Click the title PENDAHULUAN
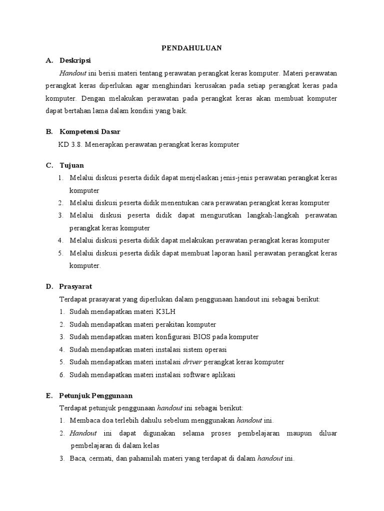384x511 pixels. [191, 48]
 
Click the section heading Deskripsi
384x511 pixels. [75, 60]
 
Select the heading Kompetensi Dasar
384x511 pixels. [90, 132]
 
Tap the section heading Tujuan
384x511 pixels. [72, 165]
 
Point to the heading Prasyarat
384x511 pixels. [75, 286]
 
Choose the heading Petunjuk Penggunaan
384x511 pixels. [96, 395]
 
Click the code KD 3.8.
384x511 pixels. [71, 145]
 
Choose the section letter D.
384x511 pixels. [49, 286]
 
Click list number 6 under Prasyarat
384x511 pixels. [60, 374]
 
